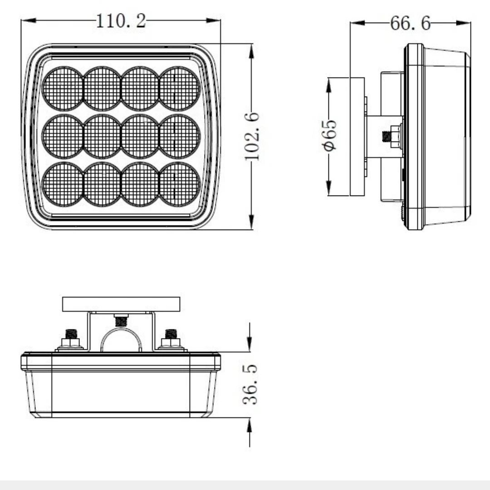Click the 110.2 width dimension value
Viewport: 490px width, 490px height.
[121, 21]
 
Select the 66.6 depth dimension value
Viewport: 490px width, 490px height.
[410, 23]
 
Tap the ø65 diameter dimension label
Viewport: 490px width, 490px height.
[330, 135]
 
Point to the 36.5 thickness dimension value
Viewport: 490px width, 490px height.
[250, 384]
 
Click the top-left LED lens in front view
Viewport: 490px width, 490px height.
[63, 88]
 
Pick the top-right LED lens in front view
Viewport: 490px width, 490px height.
[180, 88]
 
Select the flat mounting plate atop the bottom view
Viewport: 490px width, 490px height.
[121, 304]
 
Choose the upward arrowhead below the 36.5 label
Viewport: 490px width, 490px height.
[250, 424]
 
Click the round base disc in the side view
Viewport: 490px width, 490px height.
[358, 136]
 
